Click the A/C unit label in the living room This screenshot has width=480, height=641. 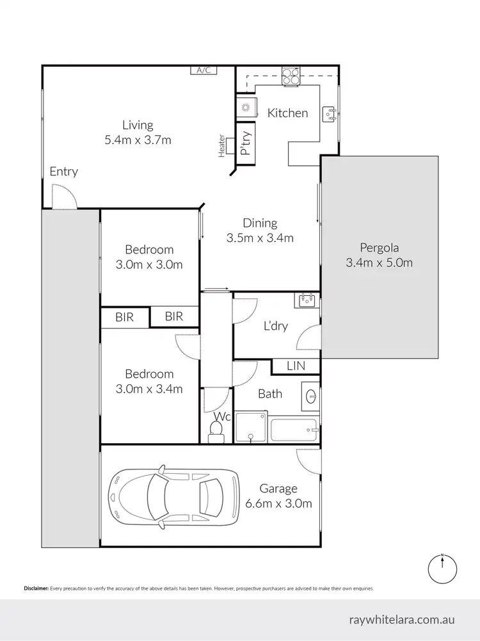(204, 70)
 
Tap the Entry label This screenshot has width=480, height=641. (63, 171)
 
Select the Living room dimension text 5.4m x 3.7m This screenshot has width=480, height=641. (138, 140)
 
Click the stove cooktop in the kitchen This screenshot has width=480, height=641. (291, 77)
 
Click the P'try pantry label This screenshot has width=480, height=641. (244, 145)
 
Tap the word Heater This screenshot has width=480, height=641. (222, 145)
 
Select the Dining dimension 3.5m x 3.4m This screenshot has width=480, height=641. (260, 238)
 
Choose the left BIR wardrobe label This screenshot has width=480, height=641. (125, 316)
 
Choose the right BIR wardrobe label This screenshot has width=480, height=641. (174, 316)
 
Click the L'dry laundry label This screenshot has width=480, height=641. (276, 326)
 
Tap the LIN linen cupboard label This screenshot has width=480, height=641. (296, 366)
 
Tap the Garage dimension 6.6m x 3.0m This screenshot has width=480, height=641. (278, 503)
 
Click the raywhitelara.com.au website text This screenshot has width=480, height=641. (402, 620)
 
